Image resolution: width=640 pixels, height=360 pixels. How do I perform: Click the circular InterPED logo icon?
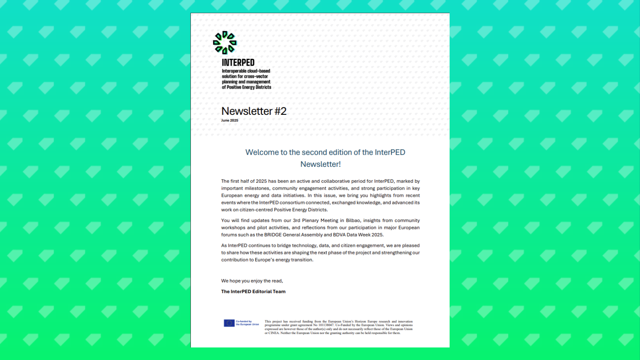(225, 42)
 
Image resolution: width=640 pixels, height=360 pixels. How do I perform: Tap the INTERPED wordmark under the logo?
(238, 63)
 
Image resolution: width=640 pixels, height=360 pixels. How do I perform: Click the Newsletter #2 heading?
(254, 111)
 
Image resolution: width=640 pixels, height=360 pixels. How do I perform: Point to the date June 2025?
(230, 120)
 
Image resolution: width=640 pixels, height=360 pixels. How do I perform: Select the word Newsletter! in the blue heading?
(320, 164)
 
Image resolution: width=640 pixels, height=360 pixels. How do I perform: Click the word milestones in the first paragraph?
(257, 188)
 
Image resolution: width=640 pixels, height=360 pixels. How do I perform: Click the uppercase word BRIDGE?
(273, 235)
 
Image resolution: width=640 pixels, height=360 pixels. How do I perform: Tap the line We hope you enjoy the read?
(252, 281)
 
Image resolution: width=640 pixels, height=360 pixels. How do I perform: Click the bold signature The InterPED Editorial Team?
(253, 292)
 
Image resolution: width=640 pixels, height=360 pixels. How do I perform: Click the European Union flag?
(229, 323)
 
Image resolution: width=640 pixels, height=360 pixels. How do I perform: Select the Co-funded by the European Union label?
(247, 323)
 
